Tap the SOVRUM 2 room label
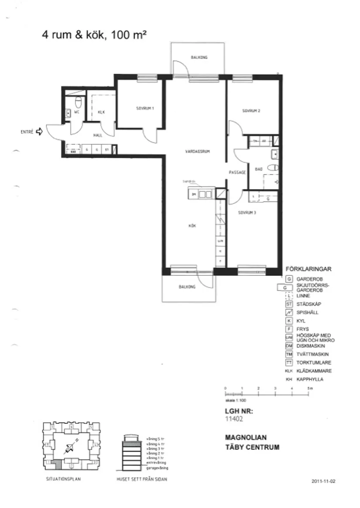click(251, 111)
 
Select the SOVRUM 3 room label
click(247, 213)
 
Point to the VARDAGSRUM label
click(198, 151)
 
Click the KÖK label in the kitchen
click(192, 226)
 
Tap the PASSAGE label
click(237, 172)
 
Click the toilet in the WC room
click(79, 103)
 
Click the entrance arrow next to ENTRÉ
click(39, 131)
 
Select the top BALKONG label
click(199, 58)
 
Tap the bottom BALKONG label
click(187, 287)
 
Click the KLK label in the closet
click(101, 112)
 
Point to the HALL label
click(98, 136)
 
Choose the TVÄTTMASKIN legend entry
click(312, 354)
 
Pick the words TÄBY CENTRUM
click(252, 447)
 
